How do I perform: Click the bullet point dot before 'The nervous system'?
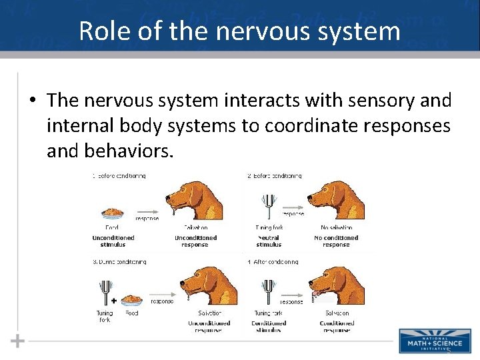click(x=32, y=101)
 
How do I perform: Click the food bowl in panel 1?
click(x=113, y=214)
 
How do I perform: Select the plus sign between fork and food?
click(x=114, y=300)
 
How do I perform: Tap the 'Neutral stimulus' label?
click(x=269, y=241)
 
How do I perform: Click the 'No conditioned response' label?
click(x=335, y=241)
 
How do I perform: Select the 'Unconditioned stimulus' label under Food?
click(x=113, y=241)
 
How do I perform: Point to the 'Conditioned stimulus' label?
click(x=269, y=327)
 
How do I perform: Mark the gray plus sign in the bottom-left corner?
click(x=17, y=341)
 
